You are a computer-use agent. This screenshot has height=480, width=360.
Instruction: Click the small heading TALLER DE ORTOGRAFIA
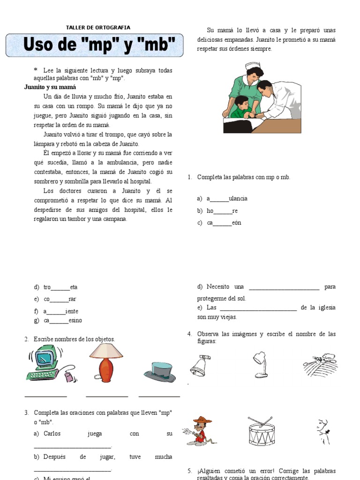coord(98,28)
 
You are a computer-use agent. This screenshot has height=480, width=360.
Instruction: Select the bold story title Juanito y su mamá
coord(50,87)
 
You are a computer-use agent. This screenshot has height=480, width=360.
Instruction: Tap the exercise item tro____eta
coord(60,287)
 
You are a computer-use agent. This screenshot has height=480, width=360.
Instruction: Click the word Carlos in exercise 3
coord(52,434)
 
